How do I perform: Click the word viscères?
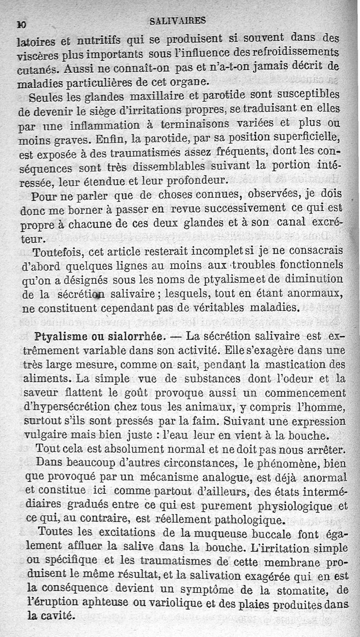click(x=36, y=56)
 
